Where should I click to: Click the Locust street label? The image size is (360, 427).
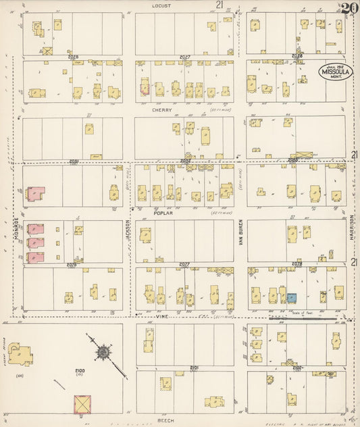click(x=162, y=5)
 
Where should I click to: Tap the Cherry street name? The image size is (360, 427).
click(x=162, y=109)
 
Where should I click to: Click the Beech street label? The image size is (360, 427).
click(x=166, y=420)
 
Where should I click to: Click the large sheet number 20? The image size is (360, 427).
click(x=349, y=9)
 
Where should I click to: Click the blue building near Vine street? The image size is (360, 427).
click(x=292, y=297)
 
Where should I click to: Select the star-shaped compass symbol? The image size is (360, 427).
click(x=104, y=351)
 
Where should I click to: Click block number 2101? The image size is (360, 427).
click(x=195, y=368)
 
